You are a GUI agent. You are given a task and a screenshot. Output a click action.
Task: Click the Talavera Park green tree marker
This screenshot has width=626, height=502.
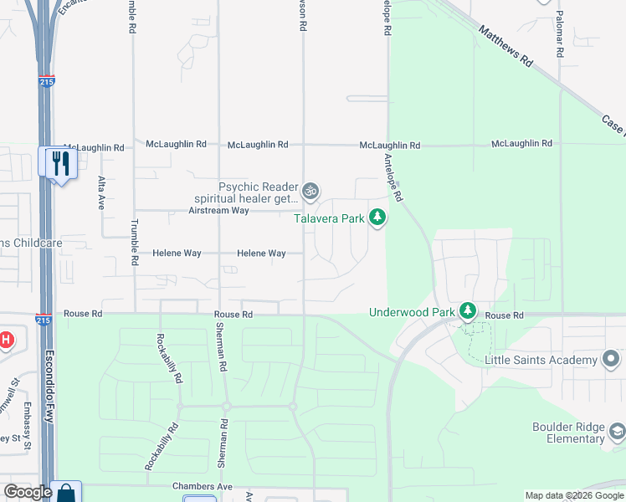(x=378, y=218)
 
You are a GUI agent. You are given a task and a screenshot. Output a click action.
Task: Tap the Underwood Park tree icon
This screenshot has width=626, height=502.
(x=467, y=312)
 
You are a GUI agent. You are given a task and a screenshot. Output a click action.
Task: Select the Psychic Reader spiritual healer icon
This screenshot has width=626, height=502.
(x=310, y=192)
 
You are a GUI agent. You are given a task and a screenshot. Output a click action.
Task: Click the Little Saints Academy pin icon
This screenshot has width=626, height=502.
(x=611, y=360)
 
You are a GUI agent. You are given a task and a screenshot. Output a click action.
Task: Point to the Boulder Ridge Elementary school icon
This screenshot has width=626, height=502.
(x=617, y=432)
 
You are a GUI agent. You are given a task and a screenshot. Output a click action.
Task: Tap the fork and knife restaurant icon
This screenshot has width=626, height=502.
(x=59, y=161)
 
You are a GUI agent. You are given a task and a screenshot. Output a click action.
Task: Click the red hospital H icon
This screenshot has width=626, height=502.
(x=7, y=340)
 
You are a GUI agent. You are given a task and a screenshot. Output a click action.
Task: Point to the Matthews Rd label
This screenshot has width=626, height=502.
(x=505, y=46)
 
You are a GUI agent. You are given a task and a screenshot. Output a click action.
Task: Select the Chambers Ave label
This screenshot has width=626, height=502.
(x=202, y=486)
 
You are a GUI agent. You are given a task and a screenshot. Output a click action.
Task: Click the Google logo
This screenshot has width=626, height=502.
(x=28, y=492)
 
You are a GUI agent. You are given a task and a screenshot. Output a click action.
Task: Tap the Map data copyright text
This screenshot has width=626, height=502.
(x=574, y=495)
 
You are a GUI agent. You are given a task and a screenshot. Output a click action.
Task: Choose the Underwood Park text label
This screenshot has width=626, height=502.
(x=412, y=312)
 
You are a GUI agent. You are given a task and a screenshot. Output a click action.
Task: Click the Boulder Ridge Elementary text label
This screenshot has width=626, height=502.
(x=568, y=433)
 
